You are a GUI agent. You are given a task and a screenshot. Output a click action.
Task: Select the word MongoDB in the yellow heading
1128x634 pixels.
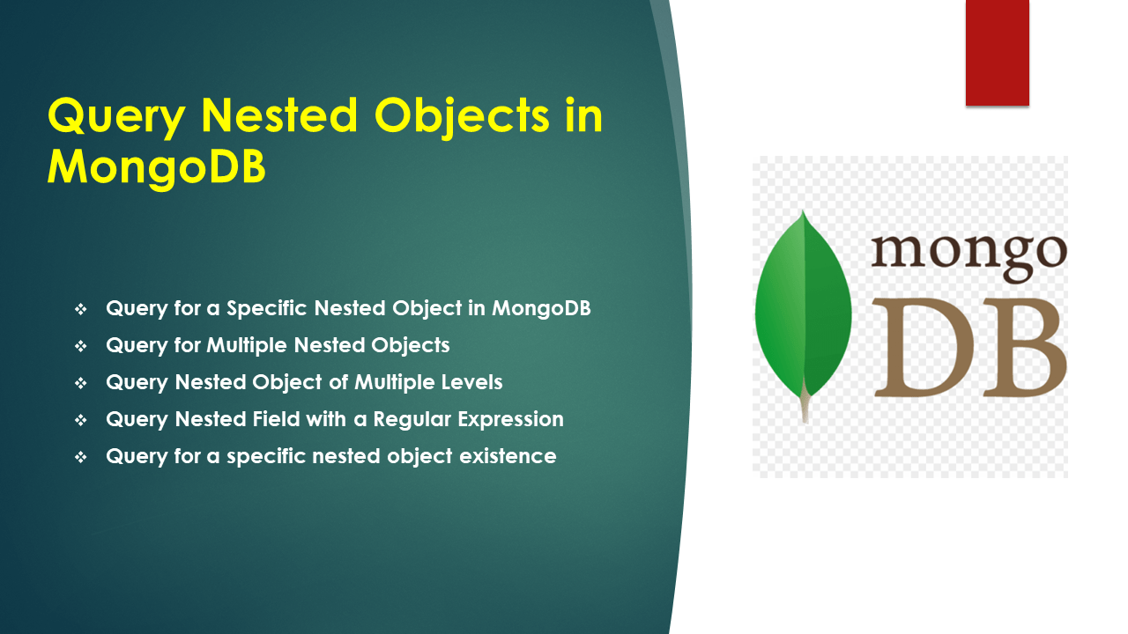156,166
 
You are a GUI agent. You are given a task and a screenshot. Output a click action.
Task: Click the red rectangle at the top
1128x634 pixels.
997,53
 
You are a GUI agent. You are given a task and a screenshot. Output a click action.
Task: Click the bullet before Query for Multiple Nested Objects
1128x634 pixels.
81,347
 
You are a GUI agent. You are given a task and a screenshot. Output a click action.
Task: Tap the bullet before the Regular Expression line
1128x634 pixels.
81,421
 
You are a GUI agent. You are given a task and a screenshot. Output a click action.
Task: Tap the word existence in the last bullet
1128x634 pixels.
514,456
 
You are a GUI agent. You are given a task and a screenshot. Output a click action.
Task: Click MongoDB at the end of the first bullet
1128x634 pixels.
541,308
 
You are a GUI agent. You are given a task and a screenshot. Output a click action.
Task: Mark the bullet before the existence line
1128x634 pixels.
81,458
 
